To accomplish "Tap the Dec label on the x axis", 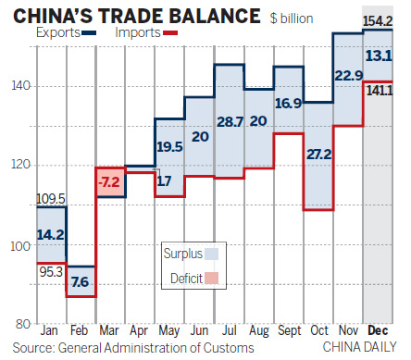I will [378, 330].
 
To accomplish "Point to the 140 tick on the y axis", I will [19, 86].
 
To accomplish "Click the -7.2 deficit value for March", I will [109, 182].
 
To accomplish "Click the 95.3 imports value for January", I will [50, 272].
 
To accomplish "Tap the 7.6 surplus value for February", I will [80, 280].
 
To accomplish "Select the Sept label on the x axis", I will [288, 330].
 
